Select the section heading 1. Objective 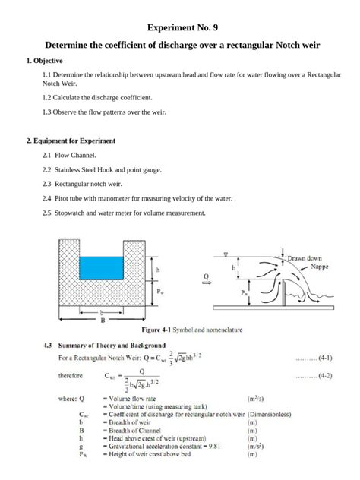point(44,60)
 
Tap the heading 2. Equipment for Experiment point(70,141)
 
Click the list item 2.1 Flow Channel point(69,155)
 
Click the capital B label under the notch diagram point(103,321)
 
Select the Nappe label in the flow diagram point(320,267)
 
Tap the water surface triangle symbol point(226,254)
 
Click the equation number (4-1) point(325,356)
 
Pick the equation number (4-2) point(325,375)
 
